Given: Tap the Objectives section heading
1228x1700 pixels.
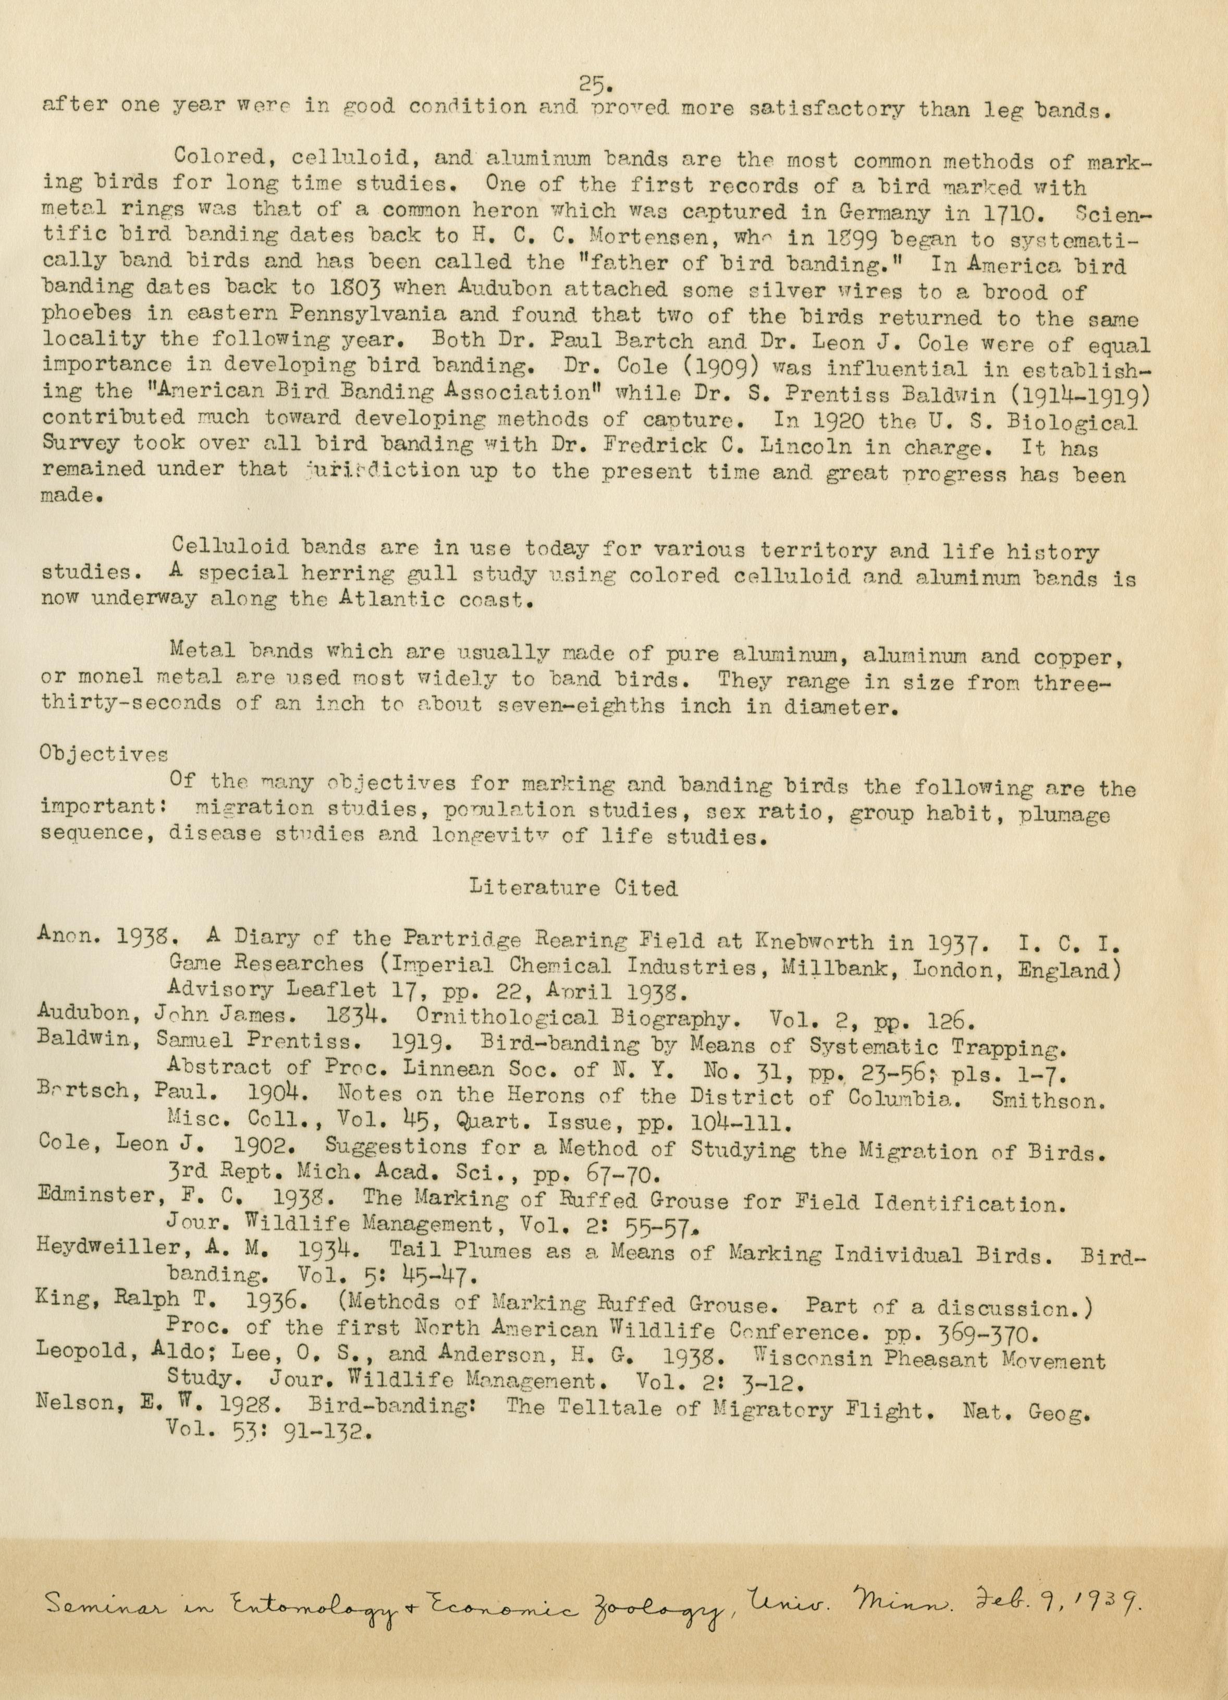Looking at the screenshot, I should coord(103,754).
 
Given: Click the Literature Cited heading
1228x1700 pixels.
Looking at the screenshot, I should coord(573,888).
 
